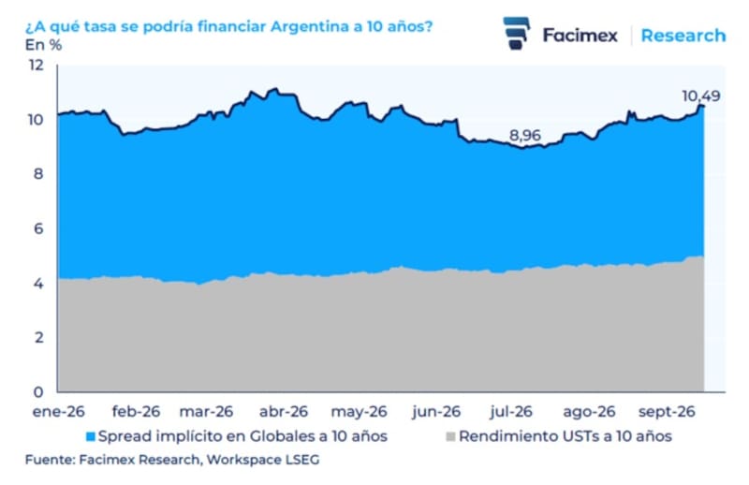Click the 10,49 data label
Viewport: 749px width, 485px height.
(x=700, y=96)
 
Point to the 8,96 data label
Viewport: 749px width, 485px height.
(x=525, y=135)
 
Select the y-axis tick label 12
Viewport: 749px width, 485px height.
(x=37, y=65)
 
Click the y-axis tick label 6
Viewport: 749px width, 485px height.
(x=38, y=228)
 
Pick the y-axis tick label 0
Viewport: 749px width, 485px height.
(x=38, y=391)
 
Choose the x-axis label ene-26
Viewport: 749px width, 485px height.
(x=58, y=411)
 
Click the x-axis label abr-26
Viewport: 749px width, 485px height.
(x=284, y=411)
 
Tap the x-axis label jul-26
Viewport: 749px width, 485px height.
(x=510, y=411)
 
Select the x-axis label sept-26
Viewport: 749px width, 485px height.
(x=667, y=411)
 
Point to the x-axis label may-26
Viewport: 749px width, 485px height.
(x=359, y=411)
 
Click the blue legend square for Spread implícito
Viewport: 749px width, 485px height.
(x=90, y=436)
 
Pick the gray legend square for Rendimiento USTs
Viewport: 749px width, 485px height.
(x=450, y=436)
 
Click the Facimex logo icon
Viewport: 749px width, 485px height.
(x=517, y=33)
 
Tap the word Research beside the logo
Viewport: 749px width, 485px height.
(x=683, y=36)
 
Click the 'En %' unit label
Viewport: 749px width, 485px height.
(x=43, y=45)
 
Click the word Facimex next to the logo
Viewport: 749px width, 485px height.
(x=580, y=36)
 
